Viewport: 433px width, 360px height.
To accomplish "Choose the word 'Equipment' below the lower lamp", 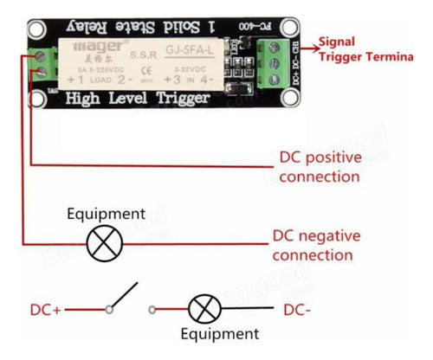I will [220, 333].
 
